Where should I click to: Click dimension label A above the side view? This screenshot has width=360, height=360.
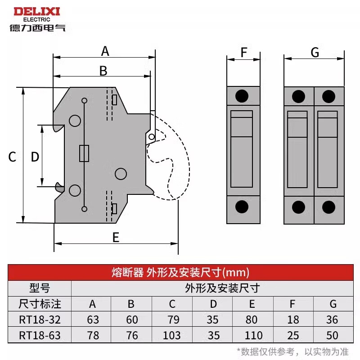pyautogui.click(x=105, y=51)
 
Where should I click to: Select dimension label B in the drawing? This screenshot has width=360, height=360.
pyautogui.click(x=103, y=71)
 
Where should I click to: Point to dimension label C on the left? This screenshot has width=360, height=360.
pyautogui.click(x=13, y=157)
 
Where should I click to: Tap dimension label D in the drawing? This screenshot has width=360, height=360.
pyautogui.click(x=35, y=157)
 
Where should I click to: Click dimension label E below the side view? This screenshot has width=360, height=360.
pyautogui.click(x=116, y=237)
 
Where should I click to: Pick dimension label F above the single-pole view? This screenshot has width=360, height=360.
pyautogui.click(x=243, y=53)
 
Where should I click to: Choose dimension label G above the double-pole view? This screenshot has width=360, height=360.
pyautogui.click(x=315, y=53)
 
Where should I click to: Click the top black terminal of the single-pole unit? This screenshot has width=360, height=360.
pyautogui.click(x=243, y=96)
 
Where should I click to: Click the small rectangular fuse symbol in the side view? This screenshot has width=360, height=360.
pyautogui.click(x=84, y=153)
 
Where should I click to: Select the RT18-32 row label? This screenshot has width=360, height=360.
pyautogui.click(x=40, y=319)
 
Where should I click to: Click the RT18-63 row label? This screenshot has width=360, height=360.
pyautogui.click(x=40, y=335)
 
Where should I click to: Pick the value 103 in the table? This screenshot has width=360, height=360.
pyautogui.click(x=172, y=335)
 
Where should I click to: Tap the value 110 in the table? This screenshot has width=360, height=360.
pyautogui.click(x=252, y=335)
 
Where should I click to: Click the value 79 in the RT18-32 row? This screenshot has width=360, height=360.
pyautogui.click(x=172, y=319)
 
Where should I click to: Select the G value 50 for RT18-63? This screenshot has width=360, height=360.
pyautogui.click(x=333, y=335)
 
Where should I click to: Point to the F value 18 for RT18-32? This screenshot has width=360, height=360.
pyautogui.click(x=292, y=319)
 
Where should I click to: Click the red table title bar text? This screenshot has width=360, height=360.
pyautogui.click(x=180, y=272)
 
